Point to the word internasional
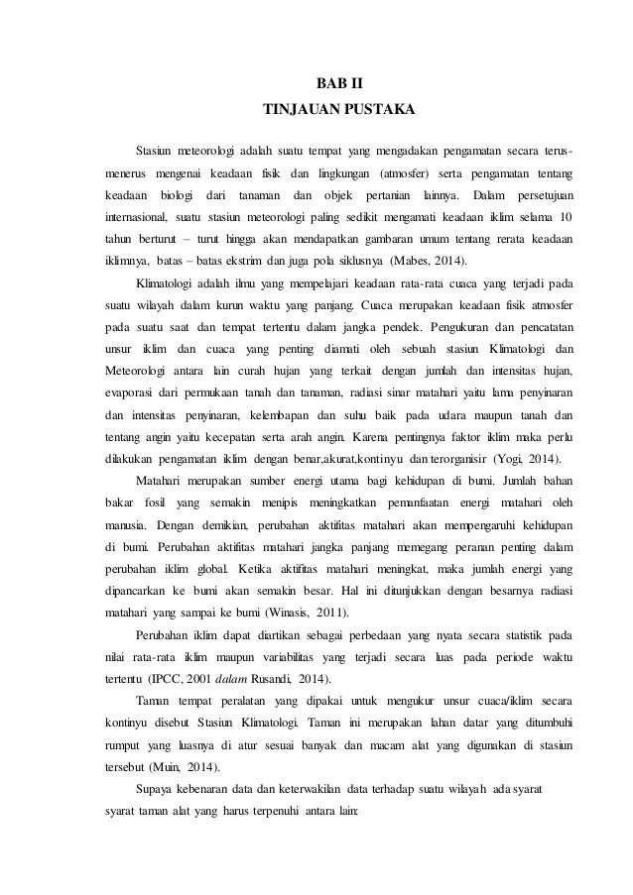point(137,217)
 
